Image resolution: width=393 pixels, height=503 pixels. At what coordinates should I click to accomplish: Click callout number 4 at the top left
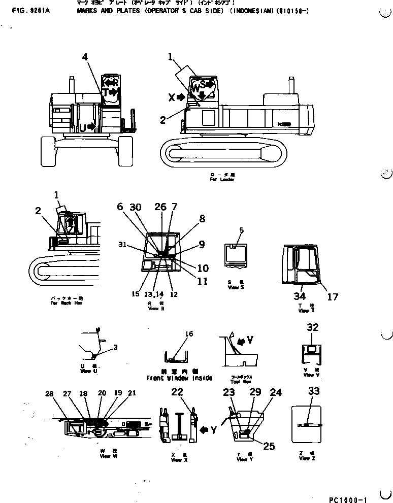pyautogui.click(x=85, y=57)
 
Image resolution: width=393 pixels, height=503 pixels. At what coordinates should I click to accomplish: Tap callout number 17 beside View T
pyautogui.click(x=332, y=297)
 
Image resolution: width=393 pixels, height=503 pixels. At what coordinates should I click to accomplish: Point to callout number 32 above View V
pyautogui.click(x=313, y=327)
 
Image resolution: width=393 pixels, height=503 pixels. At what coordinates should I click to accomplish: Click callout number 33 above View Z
pyautogui.click(x=314, y=391)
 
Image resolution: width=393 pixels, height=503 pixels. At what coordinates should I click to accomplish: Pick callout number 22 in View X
pyautogui.click(x=177, y=391)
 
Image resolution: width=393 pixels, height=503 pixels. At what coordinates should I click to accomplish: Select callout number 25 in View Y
pyautogui.click(x=269, y=446)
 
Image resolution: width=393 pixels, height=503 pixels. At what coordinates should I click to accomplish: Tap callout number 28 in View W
pyautogui.click(x=49, y=394)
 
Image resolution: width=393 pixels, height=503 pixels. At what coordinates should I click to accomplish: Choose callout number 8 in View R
pyautogui.click(x=202, y=219)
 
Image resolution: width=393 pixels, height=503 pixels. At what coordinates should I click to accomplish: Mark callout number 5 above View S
pyautogui.click(x=241, y=230)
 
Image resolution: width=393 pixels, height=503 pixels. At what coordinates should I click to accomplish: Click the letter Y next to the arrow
pyautogui.click(x=214, y=430)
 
